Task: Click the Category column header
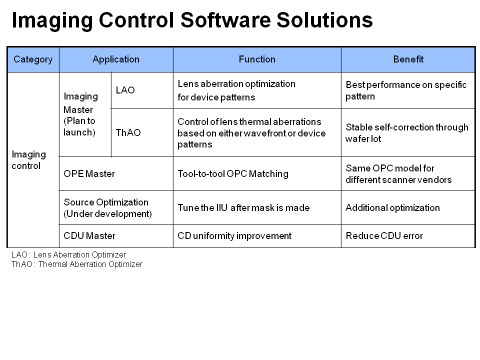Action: pos(33,59)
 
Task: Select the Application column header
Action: pos(116,59)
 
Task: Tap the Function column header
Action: pos(257,59)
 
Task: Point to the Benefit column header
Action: pos(408,59)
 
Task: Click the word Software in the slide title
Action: pos(225,20)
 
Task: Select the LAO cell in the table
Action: pos(141,90)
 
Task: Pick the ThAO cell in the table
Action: pos(141,133)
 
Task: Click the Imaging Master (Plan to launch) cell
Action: pos(85,114)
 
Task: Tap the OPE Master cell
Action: pos(116,174)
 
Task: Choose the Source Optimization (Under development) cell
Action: pos(116,208)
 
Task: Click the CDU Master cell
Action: pos(116,236)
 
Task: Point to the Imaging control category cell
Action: pos(33,160)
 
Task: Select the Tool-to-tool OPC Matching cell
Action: pos(257,174)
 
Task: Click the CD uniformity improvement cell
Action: pos(257,236)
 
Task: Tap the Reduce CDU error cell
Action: pos(408,236)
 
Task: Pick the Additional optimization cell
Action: pos(408,208)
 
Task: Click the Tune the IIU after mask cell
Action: pos(257,208)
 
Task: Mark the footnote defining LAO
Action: pos(68,254)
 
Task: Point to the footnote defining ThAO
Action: pos(77,264)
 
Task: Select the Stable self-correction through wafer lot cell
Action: pos(408,133)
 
